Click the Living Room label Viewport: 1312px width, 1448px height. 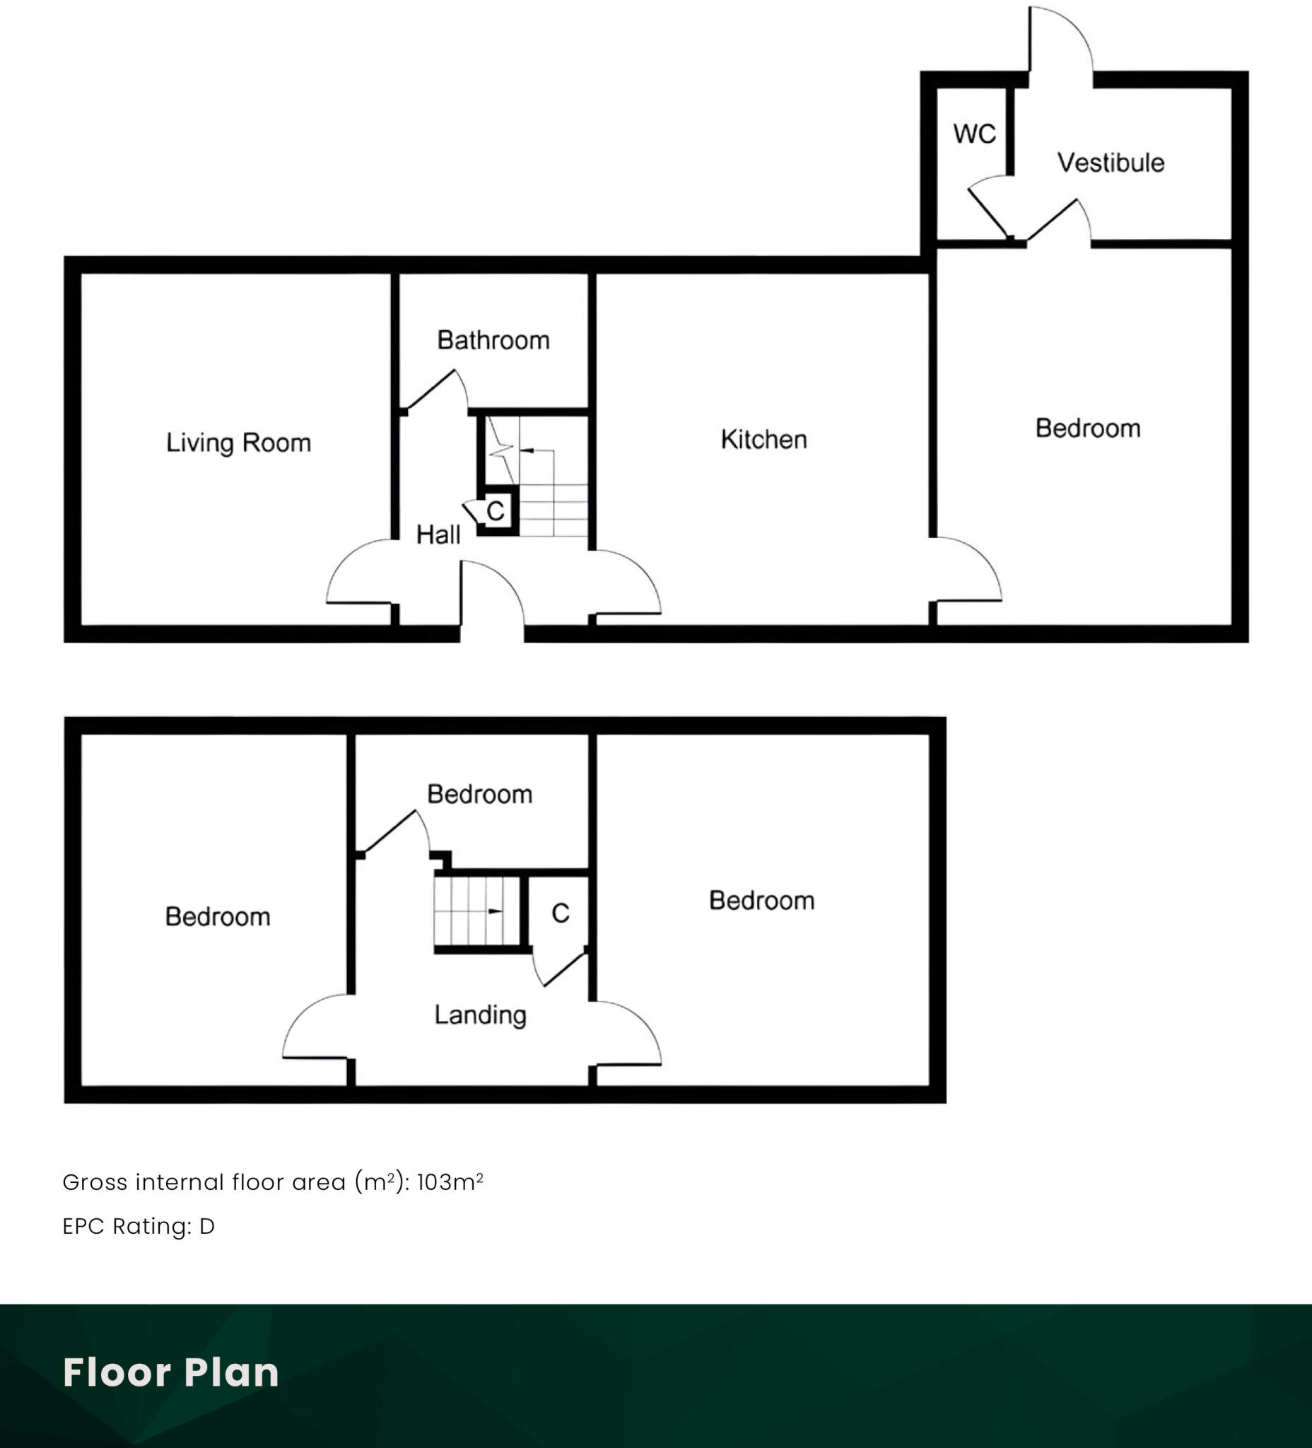[x=238, y=443]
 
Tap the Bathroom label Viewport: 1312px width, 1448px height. [x=493, y=340]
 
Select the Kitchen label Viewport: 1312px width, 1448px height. [x=763, y=440]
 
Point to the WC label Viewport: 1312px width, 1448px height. [x=975, y=134]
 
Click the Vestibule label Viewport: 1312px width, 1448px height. [x=1111, y=163]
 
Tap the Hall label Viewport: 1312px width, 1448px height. [x=438, y=535]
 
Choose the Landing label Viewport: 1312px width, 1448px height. [x=481, y=1015]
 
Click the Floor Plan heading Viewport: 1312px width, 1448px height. [x=171, y=1372]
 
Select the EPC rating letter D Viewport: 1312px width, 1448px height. [x=207, y=1227]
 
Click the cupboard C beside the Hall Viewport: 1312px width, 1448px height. [x=496, y=511]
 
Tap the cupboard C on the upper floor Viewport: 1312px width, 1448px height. [x=560, y=913]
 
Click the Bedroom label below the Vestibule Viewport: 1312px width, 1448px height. [x=1087, y=428]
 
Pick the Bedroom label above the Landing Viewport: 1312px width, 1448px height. [x=480, y=795]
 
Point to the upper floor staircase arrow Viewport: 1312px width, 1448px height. [x=495, y=911]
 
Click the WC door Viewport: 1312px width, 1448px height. [x=989, y=212]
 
